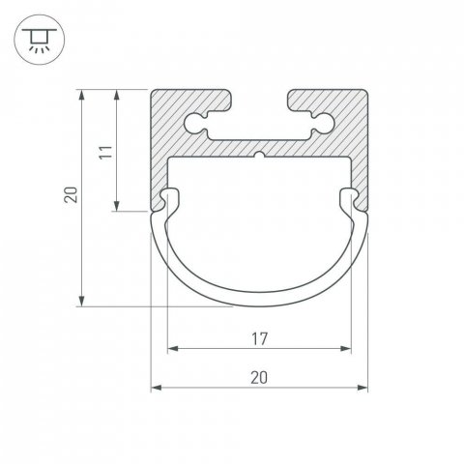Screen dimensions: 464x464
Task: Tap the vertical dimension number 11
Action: (107, 151)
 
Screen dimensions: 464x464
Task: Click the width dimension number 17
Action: (259, 338)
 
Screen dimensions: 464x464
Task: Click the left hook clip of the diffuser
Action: (171, 199)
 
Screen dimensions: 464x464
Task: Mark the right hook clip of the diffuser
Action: (349, 199)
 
